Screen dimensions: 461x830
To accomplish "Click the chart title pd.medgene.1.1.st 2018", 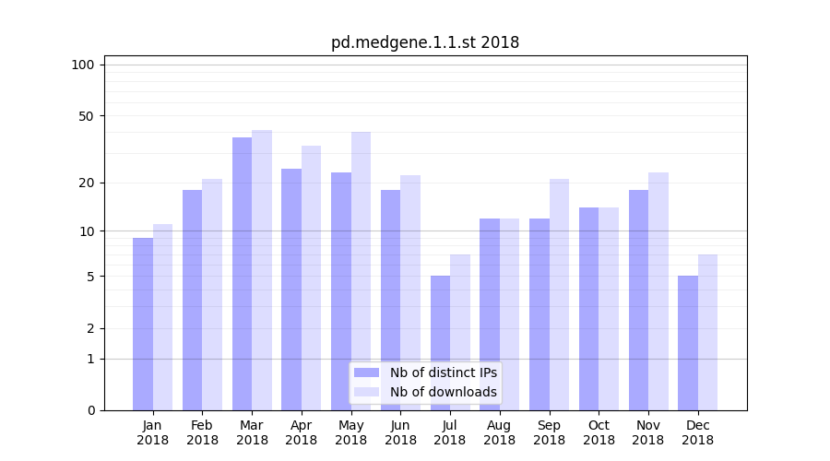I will click(x=425, y=42).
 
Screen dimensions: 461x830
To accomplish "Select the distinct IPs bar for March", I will click(x=242, y=274).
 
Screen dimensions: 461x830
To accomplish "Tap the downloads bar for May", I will click(x=361, y=271).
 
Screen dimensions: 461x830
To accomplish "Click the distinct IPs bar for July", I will click(x=440, y=343).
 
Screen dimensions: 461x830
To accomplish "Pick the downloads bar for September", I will click(x=559, y=294).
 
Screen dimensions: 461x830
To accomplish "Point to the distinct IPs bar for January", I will click(x=143, y=324).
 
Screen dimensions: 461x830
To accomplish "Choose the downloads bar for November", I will click(x=658, y=291).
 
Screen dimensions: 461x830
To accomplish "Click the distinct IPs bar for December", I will click(x=688, y=343).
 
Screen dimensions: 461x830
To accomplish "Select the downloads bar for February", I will click(x=212, y=294).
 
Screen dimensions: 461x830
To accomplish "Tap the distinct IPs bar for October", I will click(x=588, y=309).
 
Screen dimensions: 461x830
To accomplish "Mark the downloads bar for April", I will click(x=311, y=278).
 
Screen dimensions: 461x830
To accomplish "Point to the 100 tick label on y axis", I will click(x=83, y=65).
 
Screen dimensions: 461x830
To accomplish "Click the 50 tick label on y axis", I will click(x=87, y=116).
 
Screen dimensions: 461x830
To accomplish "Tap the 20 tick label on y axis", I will click(x=87, y=183).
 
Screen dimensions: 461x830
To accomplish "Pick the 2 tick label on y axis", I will click(x=90, y=328).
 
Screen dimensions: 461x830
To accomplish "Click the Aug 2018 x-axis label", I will click(x=499, y=432).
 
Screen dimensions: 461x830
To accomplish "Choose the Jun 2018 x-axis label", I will click(x=400, y=432).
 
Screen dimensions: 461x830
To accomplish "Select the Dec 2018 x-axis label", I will click(x=697, y=432).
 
